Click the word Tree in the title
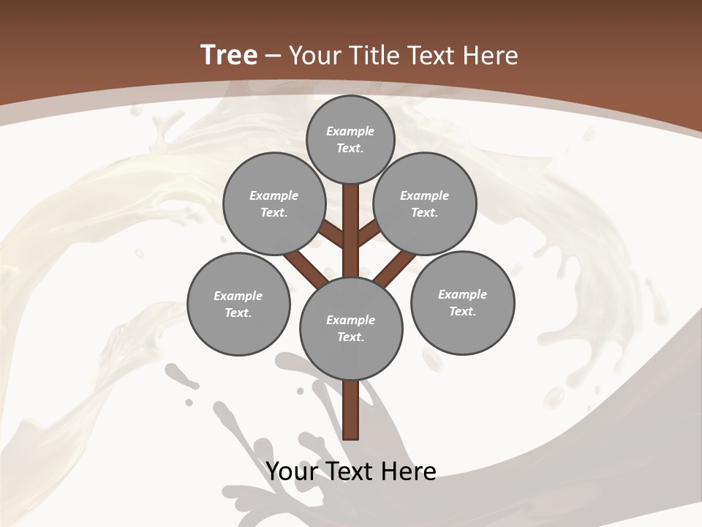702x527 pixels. (x=229, y=56)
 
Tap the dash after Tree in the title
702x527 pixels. (x=273, y=56)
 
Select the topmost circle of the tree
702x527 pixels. (x=350, y=139)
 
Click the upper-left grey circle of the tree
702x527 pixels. (x=273, y=203)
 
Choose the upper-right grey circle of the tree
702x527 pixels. (x=425, y=203)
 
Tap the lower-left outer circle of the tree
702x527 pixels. (x=238, y=304)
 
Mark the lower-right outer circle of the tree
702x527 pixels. (x=462, y=302)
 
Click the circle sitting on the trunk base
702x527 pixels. (x=351, y=328)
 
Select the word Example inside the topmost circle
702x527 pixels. (x=350, y=131)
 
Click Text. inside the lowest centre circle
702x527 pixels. (x=350, y=337)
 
